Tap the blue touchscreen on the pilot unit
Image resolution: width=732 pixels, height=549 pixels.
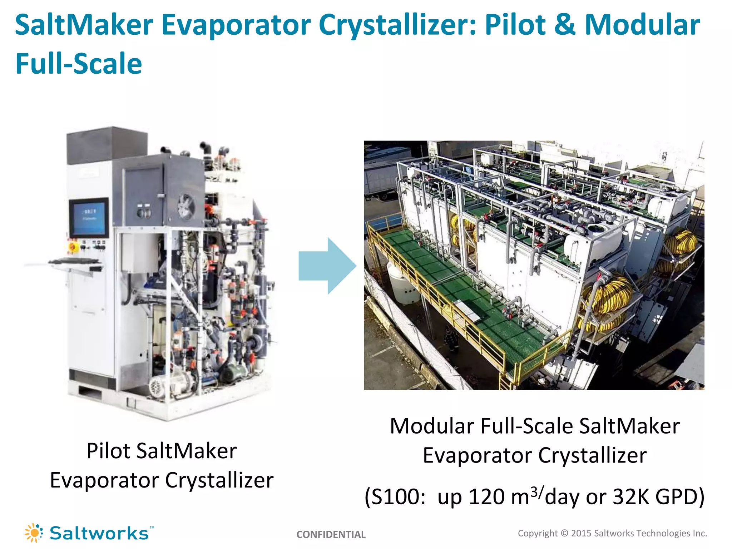89,217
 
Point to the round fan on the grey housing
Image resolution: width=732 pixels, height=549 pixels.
186,207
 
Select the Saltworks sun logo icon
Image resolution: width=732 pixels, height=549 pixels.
34,533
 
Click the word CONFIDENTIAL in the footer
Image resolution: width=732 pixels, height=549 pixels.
331,534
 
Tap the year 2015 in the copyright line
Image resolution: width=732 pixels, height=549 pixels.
581,533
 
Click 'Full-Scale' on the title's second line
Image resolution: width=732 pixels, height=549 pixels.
79,64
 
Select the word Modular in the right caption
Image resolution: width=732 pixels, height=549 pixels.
432,426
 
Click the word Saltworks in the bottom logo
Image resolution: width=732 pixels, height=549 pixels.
99,533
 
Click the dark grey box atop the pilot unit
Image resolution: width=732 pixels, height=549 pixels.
107,145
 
